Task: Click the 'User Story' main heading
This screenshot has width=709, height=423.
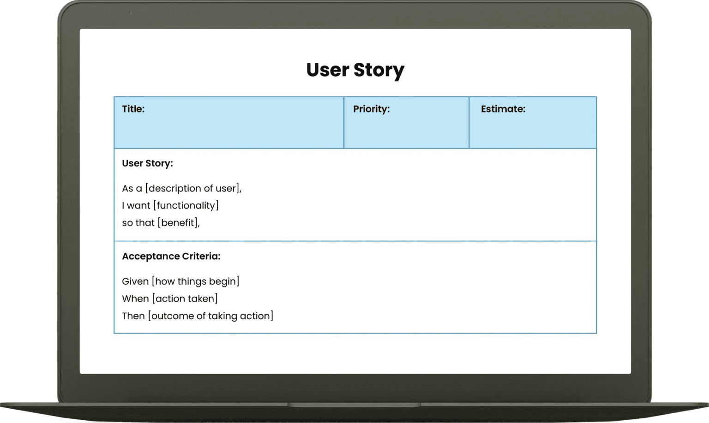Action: coord(355,70)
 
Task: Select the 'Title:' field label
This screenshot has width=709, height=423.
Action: coord(133,109)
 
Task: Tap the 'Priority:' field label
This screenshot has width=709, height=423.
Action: coord(371,109)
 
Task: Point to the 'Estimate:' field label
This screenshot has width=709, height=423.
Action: coord(503,109)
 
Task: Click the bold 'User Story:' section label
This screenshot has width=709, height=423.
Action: coord(147,163)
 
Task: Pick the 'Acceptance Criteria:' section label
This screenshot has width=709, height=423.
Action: coord(171,256)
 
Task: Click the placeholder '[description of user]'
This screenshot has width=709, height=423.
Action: coord(192,188)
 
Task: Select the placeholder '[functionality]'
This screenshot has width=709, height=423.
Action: coord(186,205)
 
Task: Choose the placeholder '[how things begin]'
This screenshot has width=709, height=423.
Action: coord(195,281)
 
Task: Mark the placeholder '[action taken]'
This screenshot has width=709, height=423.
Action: coord(185,298)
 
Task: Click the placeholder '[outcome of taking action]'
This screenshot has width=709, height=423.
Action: coord(210,316)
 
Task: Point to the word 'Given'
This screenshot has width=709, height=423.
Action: coord(135,281)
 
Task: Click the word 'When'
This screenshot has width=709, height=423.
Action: coord(135,298)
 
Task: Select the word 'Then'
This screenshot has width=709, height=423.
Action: coord(133,316)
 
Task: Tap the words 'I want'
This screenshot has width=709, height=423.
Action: coord(136,205)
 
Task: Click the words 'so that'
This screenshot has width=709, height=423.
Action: coord(138,223)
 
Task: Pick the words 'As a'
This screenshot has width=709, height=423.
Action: coord(132,188)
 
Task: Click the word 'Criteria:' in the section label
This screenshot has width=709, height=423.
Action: coord(201,256)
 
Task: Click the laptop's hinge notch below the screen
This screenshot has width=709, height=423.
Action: coord(354,405)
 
